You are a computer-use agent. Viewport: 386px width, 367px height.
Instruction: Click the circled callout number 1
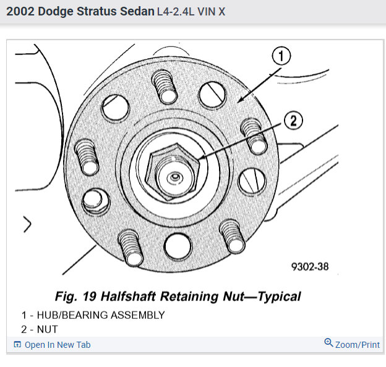pyautogui.click(x=281, y=56)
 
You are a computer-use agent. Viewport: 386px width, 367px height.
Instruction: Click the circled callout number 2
pyautogui.click(x=293, y=120)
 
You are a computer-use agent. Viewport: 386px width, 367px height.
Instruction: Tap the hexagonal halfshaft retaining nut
pyautogui.click(x=173, y=172)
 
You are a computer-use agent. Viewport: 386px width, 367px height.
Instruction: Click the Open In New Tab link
pyautogui.click(x=58, y=345)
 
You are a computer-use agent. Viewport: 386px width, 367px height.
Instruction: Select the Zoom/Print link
pyautogui.click(x=358, y=345)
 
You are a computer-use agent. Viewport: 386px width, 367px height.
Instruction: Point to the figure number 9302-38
pyautogui.click(x=310, y=267)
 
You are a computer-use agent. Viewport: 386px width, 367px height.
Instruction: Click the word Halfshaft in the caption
pyautogui.click(x=128, y=296)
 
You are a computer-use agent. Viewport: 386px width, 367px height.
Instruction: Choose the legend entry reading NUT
pyautogui.click(x=47, y=329)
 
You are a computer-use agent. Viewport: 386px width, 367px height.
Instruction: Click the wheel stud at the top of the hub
pyautogui.click(x=165, y=86)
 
